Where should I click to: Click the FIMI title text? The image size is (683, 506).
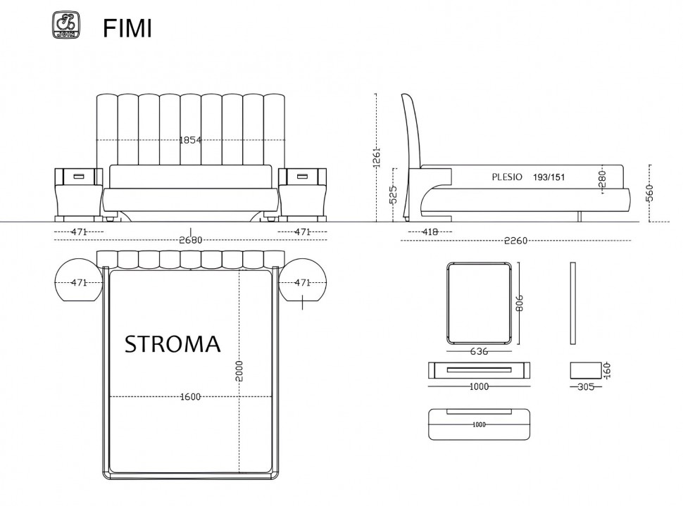pos(127,29)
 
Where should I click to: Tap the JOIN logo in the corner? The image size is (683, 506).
pos(66,25)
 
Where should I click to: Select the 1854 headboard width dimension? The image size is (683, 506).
pos(190,140)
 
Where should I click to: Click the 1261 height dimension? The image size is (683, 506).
pos(377,157)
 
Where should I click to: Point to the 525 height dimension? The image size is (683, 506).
pos(394,194)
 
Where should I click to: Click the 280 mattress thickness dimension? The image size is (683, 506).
pos(603,179)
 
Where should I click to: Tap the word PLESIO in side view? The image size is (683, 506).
pos(507,177)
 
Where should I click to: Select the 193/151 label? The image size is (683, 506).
pos(549,177)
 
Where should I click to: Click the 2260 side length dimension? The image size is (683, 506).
pos(515,241)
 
